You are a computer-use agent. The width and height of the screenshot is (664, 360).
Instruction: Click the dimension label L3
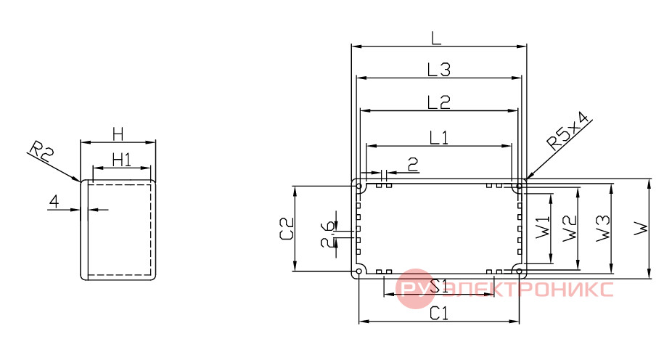(x=439, y=70)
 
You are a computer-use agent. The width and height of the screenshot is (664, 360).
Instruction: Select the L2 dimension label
(x=439, y=102)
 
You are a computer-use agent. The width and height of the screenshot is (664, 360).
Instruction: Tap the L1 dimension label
(x=439, y=138)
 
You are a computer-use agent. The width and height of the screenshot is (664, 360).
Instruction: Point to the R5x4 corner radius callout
(x=568, y=131)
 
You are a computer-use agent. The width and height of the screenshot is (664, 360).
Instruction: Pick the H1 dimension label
(x=122, y=160)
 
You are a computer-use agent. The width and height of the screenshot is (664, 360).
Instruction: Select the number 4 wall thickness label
(x=54, y=201)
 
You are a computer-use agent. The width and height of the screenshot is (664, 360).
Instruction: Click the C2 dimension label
(x=287, y=229)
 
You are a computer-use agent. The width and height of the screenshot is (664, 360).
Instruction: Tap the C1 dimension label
(x=439, y=314)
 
